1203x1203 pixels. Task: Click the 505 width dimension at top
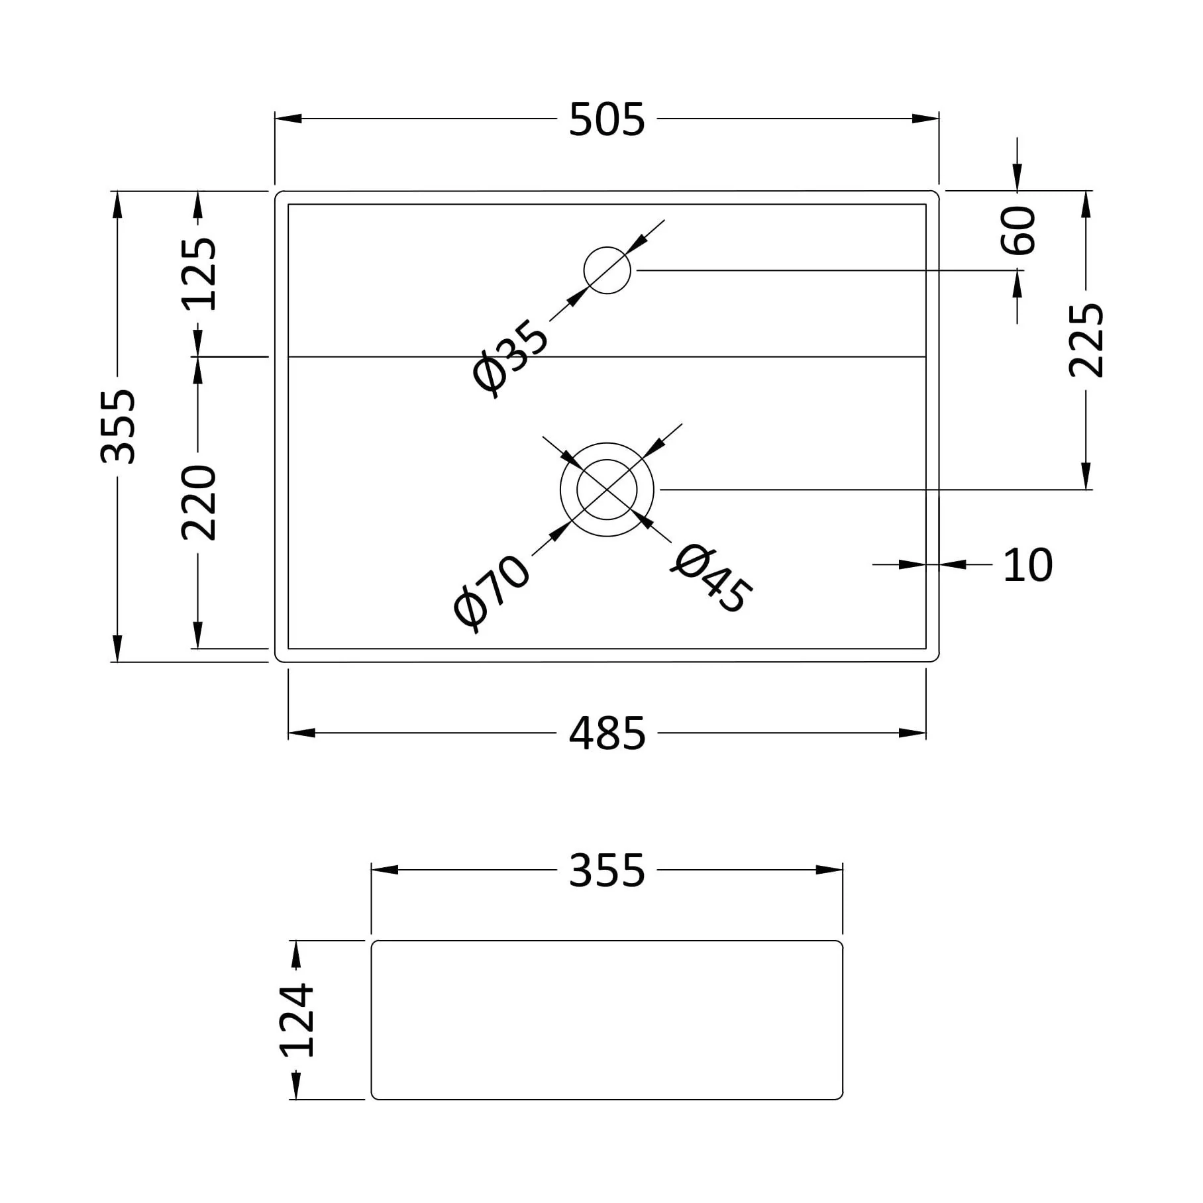[607, 120]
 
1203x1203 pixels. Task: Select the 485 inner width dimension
[607, 734]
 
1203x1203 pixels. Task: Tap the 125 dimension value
[199, 274]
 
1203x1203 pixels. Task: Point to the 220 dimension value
[199, 503]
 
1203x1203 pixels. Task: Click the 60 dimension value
[1018, 231]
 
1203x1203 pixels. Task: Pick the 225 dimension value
[1086, 340]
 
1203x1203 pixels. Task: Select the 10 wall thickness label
[1027, 566]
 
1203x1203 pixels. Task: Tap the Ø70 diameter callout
[492, 592]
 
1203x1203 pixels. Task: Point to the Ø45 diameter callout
[711, 578]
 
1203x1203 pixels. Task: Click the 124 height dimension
[296, 1021]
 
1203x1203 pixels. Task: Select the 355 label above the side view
[607, 870]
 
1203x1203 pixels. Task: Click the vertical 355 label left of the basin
[118, 427]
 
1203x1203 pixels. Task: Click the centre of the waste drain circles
[607, 490]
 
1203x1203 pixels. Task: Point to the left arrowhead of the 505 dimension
[288, 119]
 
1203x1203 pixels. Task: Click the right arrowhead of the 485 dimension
[913, 733]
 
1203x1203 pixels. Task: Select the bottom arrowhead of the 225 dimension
[1086, 476]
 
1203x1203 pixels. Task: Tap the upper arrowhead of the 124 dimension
[296, 954]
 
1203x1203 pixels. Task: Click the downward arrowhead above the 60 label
[1018, 178]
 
